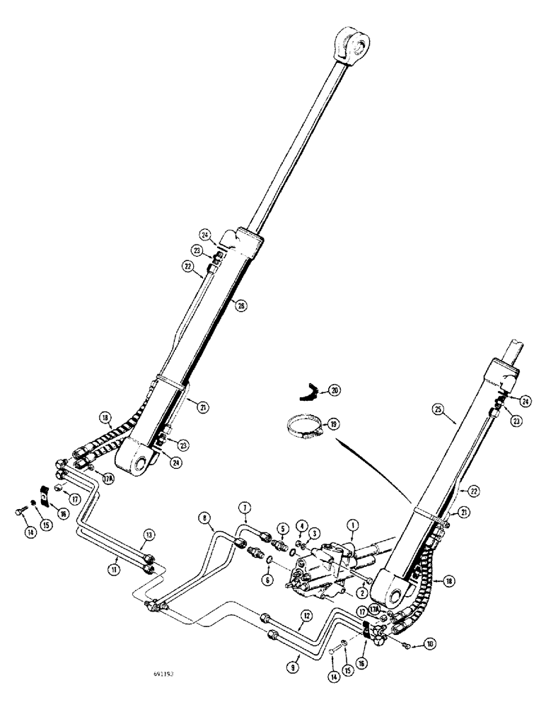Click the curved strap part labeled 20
(x=308, y=388)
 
